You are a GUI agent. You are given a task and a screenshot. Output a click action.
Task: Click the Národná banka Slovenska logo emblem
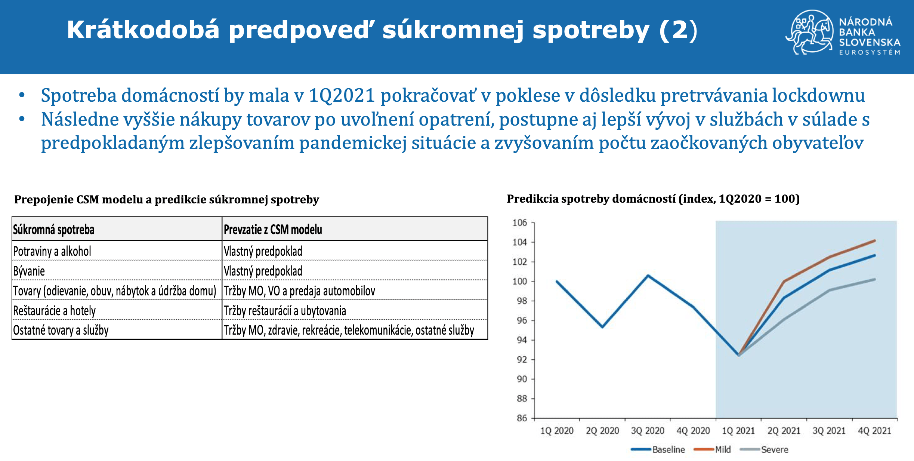click(x=809, y=32)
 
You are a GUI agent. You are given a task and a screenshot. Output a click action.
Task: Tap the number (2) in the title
click(x=678, y=30)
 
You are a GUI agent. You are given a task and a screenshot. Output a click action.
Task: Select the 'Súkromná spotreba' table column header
click(x=54, y=229)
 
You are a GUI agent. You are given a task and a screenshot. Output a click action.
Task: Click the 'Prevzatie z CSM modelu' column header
click(x=273, y=229)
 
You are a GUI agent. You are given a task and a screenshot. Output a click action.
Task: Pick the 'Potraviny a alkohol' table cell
click(x=52, y=251)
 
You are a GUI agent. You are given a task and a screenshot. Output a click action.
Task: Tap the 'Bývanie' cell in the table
click(x=29, y=271)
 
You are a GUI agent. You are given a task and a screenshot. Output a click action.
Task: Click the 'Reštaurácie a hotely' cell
click(x=54, y=311)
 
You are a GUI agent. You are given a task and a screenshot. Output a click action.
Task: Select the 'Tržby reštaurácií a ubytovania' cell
click(x=285, y=311)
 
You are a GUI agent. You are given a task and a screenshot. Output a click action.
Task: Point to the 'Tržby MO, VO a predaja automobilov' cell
click(x=299, y=291)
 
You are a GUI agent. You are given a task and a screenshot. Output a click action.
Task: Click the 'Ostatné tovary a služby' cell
click(x=61, y=330)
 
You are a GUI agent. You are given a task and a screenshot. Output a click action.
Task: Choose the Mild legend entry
click(x=712, y=449)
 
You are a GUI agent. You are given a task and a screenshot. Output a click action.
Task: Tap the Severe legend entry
click(x=764, y=449)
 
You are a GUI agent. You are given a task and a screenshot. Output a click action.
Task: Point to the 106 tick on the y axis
click(x=519, y=223)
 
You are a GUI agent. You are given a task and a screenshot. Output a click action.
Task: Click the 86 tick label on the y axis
click(x=522, y=418)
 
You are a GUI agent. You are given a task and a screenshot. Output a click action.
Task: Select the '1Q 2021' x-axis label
click(x=738, y=431)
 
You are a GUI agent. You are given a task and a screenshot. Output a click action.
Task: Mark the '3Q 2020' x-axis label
click(x=648, y=431)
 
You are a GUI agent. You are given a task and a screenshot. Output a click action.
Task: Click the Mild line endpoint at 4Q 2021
click(x=875, y=241)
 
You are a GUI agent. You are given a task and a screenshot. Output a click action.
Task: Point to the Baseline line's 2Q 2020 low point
click(x=602, y=327)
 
